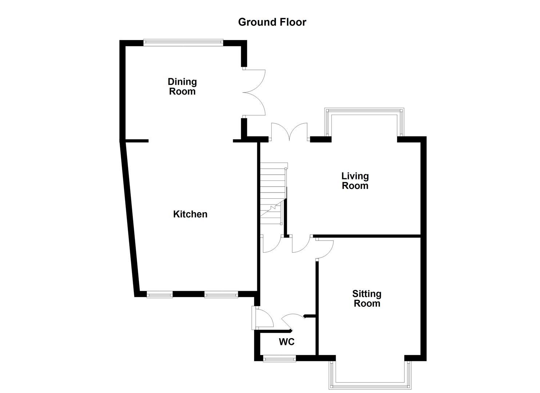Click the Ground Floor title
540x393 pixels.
pos(272,22)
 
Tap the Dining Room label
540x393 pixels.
pos(182,87)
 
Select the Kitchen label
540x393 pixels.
pos(190,214)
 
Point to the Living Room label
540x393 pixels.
pos(355,181)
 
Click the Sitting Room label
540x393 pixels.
pos(367,299)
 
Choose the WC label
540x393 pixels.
pos(287,342)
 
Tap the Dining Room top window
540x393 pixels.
pos(183,42)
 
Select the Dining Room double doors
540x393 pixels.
pos(255,92)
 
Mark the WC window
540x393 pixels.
pos(279,359)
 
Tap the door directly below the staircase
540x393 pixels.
pos(271,244)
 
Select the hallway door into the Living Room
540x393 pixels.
pos(301,244)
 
